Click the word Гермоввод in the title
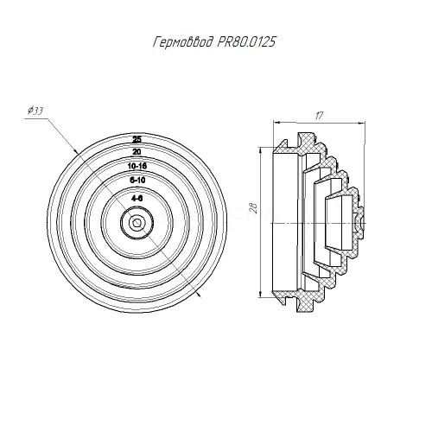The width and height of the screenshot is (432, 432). [x=183, y=42]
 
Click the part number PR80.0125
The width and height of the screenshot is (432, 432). [x=245, y=42]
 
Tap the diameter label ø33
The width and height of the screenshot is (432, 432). [x=35, y=111]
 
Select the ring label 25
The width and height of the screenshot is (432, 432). [x=137, y=140]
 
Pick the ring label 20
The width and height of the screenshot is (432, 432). [x=137, y=151]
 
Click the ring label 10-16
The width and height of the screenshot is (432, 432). [x=137, y=166]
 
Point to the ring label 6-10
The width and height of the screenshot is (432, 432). [x=137, y=181]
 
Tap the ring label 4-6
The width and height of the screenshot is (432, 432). [x=137, y=198]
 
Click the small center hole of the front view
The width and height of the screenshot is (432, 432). [x=137, y=223]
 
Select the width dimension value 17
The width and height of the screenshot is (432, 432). [x=319, y=116]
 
